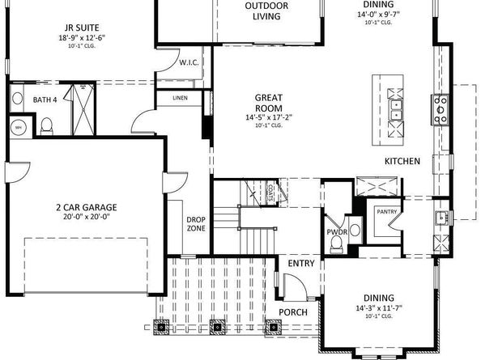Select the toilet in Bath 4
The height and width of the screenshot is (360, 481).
click(47, 124)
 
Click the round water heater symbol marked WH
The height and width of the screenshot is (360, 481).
click(18, 126)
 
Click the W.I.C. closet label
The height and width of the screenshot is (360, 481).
click(189, 62)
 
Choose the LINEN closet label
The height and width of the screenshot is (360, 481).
click(181, 99)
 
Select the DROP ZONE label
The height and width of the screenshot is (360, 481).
click(196, 223)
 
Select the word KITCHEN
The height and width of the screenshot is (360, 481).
click(402, 161)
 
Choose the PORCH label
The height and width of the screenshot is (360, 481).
click(292, 311)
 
